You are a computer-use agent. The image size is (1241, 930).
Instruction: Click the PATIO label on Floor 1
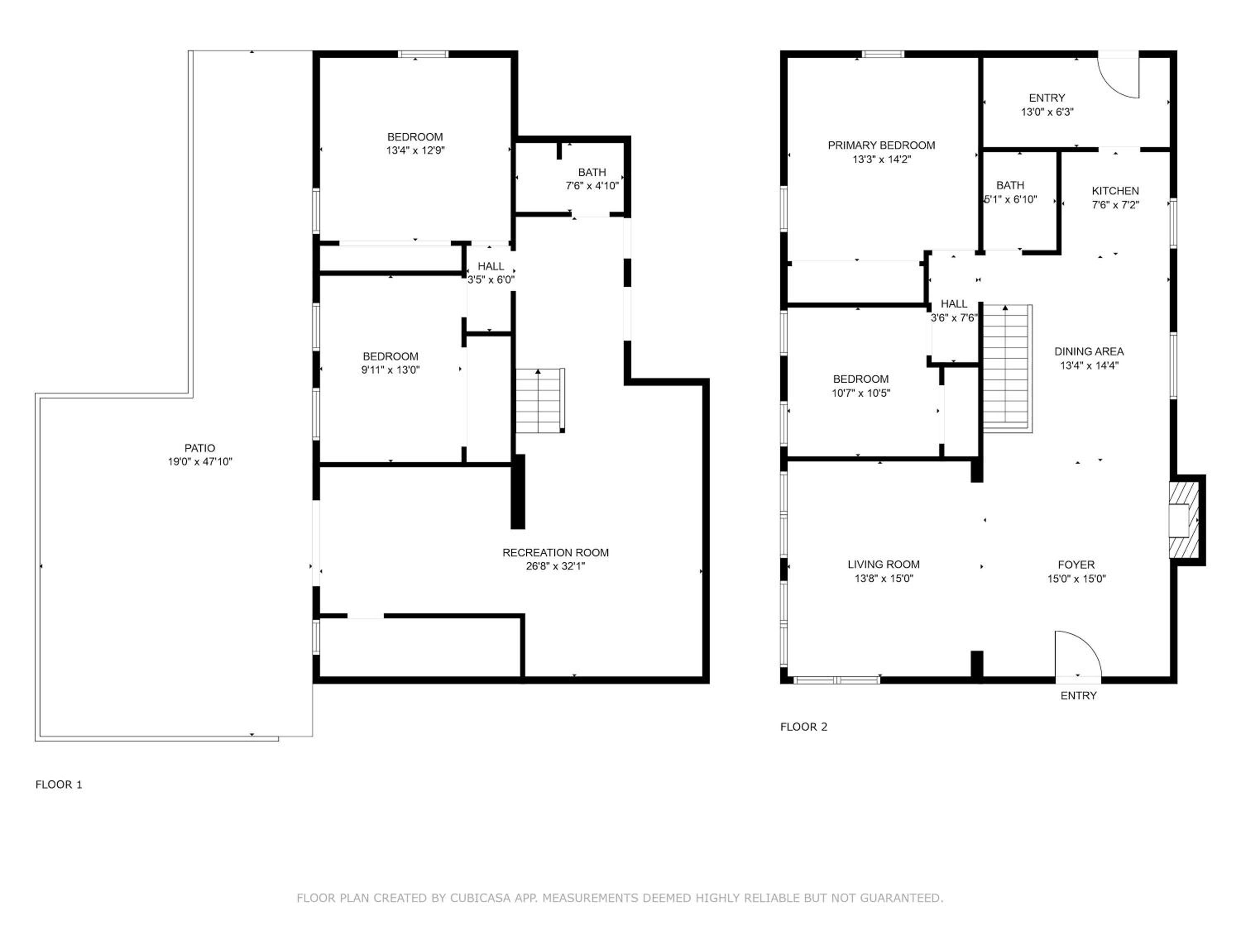point(200,448)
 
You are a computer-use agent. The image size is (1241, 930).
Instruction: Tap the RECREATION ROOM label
point(556,552)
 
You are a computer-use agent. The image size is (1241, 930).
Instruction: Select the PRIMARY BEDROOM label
point(882,145)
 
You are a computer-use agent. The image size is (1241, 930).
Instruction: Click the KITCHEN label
point(1115,191)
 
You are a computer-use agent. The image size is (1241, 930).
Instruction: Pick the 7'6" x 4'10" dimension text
point(592,186)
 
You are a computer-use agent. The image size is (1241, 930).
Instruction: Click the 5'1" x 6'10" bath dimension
point(1011,199)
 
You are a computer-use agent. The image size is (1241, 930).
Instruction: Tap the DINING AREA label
point(1089,351)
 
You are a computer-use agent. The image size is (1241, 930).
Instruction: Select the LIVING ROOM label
point(884,565)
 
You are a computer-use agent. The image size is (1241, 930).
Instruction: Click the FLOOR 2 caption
point(803,727)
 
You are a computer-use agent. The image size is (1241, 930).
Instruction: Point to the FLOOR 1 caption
point(59,784)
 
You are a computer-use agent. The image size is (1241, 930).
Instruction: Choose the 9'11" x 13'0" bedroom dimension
point(391,370)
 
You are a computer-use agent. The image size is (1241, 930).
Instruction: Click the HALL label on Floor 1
point(491,266)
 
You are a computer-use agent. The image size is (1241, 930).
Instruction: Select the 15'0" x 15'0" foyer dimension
point(1076,579)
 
